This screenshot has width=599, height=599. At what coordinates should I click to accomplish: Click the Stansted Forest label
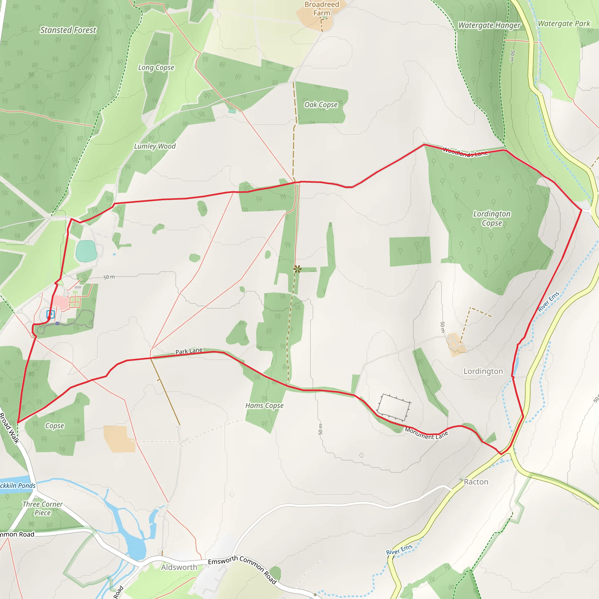(x=68, y=30)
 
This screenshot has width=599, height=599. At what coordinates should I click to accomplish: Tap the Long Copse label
(x=156, y=68)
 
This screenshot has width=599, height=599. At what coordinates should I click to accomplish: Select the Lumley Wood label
(x=155, y=146)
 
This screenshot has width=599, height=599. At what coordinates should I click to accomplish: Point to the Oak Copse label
(x=321, y=105)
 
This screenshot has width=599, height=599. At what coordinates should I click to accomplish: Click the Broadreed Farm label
(x=321, y=9)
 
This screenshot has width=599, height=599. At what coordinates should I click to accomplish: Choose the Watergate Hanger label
(x=489, y=25)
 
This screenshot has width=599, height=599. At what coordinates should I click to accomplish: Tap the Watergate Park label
(x=564, y=24)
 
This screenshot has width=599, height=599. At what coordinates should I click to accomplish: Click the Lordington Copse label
(x=492, y=218)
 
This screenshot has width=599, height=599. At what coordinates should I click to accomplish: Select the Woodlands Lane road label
(x=465, y=152)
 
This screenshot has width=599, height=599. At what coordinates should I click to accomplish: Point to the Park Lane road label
(x=189, y=351)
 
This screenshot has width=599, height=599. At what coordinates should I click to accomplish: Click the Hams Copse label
(x=264, y=406)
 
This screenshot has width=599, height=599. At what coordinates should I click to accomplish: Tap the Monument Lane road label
(x=426, y=433)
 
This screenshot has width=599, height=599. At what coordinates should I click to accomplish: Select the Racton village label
(x=476, y=482)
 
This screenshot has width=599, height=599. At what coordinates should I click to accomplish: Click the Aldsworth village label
(x=179, y=567)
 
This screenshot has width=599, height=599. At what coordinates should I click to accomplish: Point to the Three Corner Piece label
(x=42, y=508)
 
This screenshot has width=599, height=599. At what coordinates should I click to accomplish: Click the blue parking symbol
(x=51, y=314)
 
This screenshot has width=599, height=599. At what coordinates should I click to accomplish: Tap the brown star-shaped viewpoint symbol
(x=297, y=269)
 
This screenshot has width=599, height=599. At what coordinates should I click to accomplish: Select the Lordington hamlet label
(x=483, y=371)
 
